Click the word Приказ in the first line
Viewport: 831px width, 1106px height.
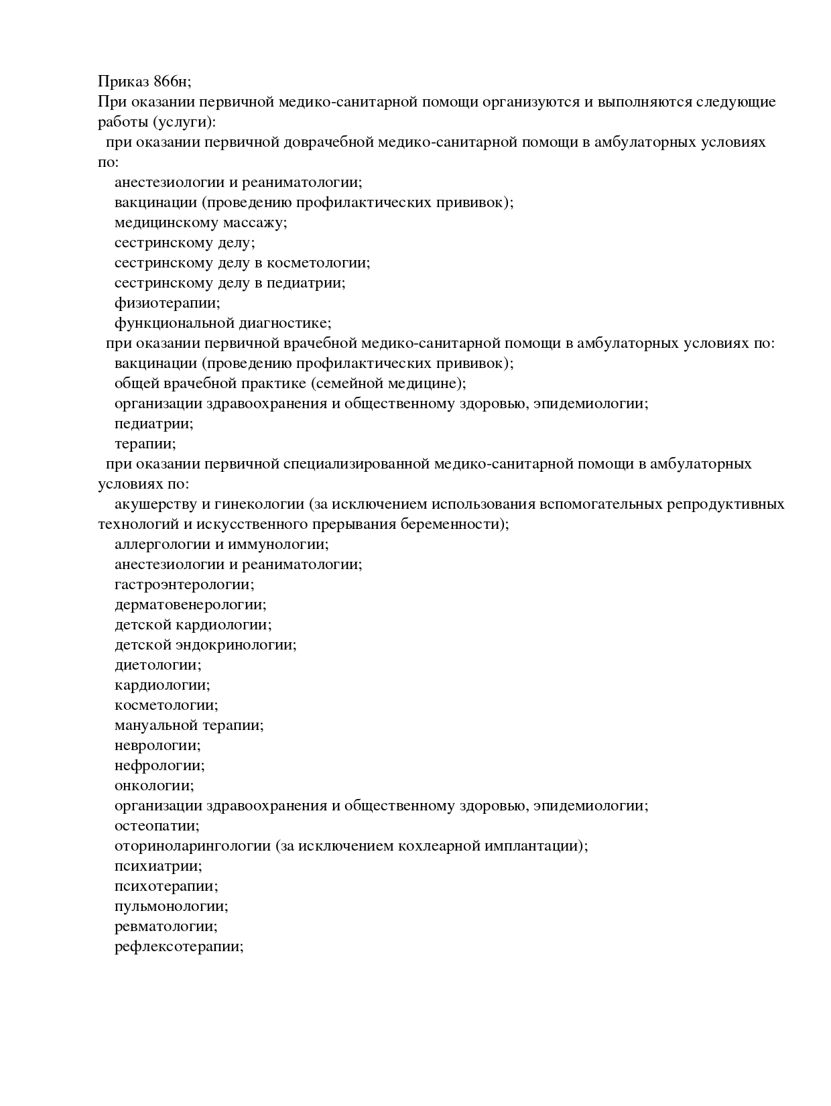[123, 82]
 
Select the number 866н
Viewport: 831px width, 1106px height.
[172, 82]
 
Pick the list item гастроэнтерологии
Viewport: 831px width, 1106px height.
[184, 585]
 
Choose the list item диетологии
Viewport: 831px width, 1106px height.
[157, 665]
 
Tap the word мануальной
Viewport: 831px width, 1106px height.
[156, 725]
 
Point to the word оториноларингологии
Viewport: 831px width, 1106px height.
[192, 846]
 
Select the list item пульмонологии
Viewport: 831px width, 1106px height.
[171, 906]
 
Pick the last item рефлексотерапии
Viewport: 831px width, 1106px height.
[178, 946]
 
